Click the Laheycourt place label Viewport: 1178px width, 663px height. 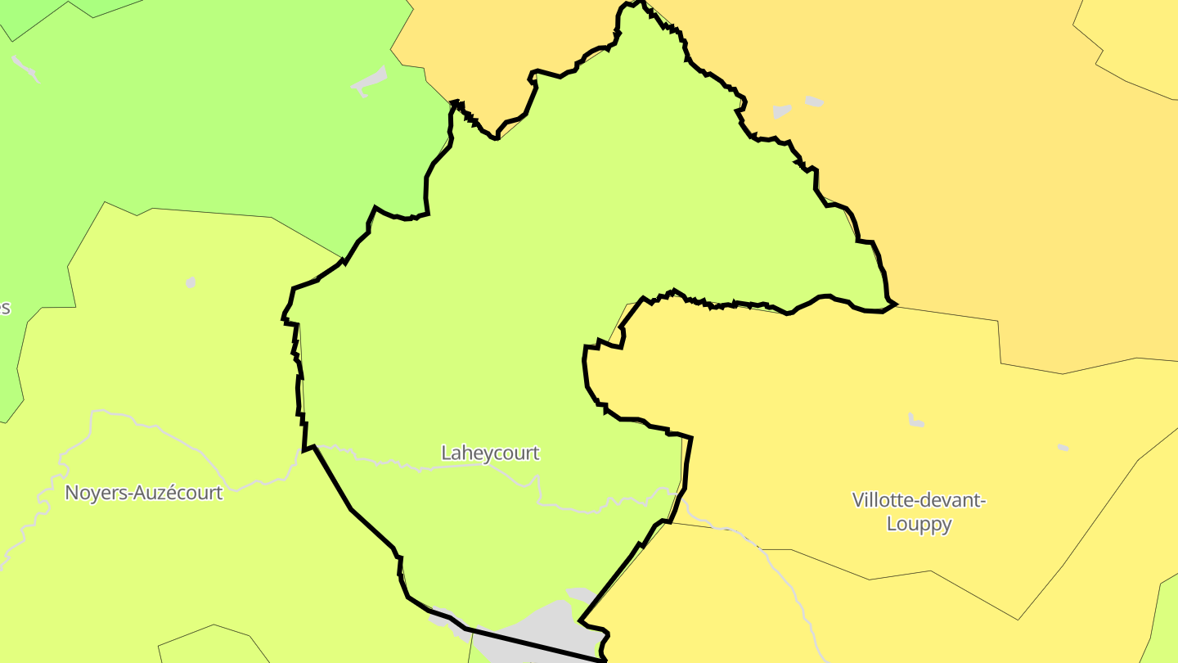(x=490, y=453)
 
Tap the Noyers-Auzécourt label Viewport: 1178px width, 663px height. (x=143, y=493)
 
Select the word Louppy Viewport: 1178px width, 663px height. (x=919, y=524)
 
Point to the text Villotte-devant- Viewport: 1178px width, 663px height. (x=919, y=500)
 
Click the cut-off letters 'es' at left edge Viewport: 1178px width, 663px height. (x=4, y=309)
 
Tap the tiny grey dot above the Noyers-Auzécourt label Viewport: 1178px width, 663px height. (x=191, y=282)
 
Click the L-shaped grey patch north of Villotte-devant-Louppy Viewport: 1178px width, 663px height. (x=915, y=421)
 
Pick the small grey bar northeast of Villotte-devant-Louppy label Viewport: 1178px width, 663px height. (x=1062, y=448)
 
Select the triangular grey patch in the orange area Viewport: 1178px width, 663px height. (x=782, y=111)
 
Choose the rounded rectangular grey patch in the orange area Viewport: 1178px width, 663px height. (x=813, y=101)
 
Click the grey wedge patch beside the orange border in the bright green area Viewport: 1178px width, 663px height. (x=370, y=81)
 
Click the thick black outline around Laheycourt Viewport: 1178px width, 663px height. (x=352, y=509)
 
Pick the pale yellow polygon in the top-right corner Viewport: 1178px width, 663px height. (x=1137, y=41)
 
